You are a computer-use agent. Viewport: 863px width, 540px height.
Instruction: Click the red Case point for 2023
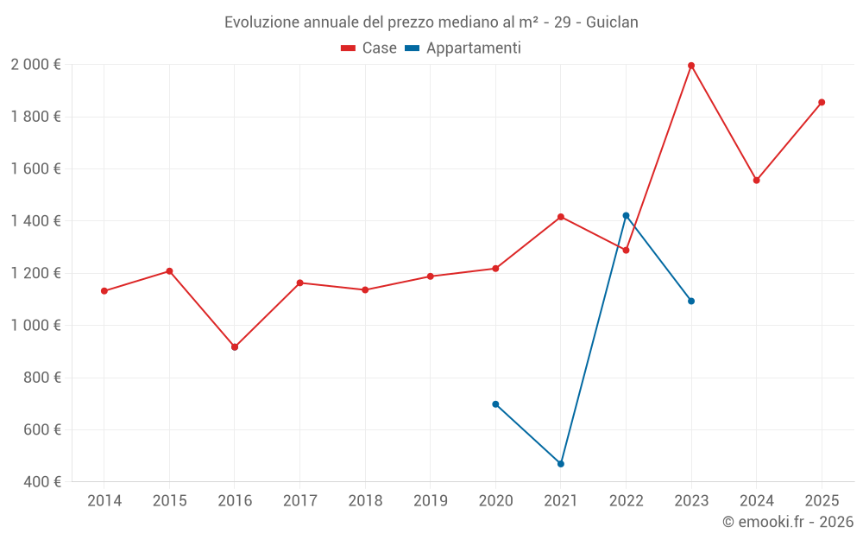pos(691,66)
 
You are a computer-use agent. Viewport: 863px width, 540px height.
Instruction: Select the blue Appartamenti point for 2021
pos(561,464)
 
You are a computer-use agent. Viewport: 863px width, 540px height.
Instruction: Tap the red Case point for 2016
pos(235,347)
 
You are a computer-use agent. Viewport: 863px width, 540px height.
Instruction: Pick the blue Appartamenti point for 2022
pos(626,215)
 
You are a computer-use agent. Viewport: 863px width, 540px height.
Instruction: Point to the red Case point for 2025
pos(822,102)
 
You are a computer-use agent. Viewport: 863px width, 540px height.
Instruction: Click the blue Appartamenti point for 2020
pos(495,404)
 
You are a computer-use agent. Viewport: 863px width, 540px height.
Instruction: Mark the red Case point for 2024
pos(756,181)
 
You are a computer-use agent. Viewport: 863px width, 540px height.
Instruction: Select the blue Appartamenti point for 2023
pos(691,302)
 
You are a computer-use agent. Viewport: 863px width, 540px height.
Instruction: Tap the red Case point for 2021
pos(561,217)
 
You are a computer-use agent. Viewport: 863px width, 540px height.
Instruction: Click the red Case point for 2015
pos(169,271)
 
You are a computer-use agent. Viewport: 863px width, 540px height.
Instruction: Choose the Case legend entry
pos(369,48)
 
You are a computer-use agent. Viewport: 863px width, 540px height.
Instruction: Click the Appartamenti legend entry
pos(463,48)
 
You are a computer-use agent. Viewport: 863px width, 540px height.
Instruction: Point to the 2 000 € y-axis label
pos(35,65)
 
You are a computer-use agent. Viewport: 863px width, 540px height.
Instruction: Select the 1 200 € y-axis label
pos(35,273)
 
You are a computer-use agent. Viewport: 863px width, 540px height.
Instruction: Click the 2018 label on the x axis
pos(365,501)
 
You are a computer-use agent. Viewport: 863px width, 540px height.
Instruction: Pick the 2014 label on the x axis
pos(104,501)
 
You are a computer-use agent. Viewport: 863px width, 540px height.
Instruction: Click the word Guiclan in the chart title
pos(612,22)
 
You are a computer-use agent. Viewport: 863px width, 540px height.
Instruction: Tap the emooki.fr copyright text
pos(788,522)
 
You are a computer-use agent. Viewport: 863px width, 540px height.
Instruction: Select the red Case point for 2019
pos(430,276)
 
